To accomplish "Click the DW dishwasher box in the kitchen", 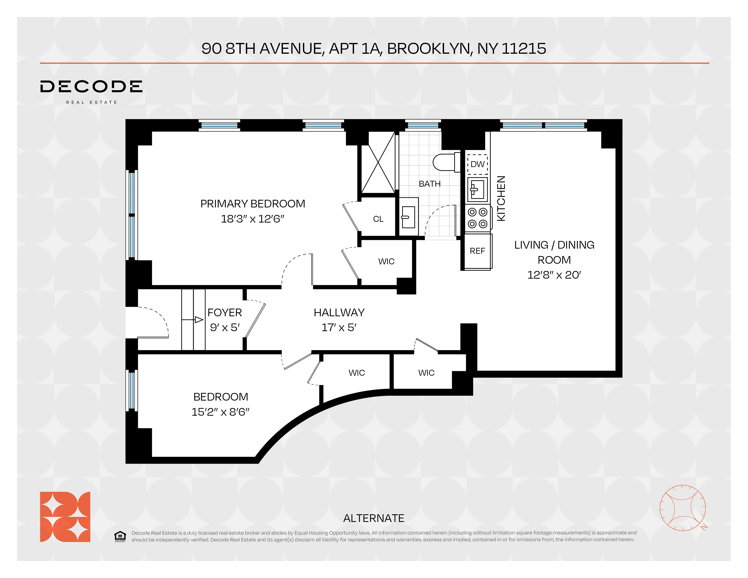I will (477, 164).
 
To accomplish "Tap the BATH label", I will (429, 184).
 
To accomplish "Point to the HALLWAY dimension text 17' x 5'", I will (339, 328).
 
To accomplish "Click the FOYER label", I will (225, 313).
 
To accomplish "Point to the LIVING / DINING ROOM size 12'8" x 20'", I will (554, 275).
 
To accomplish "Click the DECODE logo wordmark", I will (91, 87).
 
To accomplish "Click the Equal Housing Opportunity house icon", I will (120, 536).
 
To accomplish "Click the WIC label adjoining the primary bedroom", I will (386, 262).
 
